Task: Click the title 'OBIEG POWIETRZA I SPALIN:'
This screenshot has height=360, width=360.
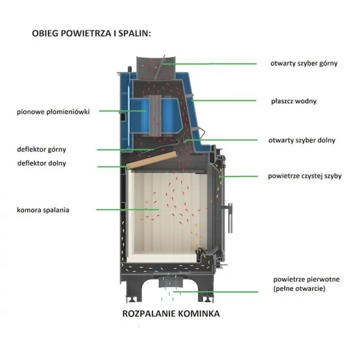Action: [x=91, y=34]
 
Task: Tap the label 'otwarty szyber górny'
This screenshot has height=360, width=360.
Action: [x=304, y=64]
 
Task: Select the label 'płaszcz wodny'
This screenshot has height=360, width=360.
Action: [x=293, y=101]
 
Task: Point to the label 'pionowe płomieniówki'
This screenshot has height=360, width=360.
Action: [x=53, y=112]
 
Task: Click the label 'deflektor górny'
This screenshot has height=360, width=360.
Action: [x=41, y=149]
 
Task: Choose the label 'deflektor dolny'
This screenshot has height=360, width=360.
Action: [x=42, y=163]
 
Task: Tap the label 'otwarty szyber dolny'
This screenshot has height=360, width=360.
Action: [x=302, y=140]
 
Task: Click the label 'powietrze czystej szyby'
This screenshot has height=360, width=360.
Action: [x=305, y=176]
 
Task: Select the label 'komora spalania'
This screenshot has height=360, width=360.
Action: [x=43, y=210]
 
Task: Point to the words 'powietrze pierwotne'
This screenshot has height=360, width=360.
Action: [x=306, y=280]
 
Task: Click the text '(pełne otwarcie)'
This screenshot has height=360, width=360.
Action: [x=299, y=289]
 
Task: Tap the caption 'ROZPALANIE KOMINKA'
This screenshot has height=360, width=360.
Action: [x=171, y=314]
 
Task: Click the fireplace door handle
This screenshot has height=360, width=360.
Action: [x=229, y=218]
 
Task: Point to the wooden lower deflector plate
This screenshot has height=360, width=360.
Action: [x=152, y=160]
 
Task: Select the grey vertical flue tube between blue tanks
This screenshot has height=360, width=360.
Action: [x=155, y=116]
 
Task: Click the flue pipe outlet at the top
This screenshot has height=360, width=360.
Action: [x=156, y=68]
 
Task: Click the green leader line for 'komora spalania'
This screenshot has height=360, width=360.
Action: [x=127, y=209]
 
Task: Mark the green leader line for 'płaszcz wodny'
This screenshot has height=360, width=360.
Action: [x=224, y=101]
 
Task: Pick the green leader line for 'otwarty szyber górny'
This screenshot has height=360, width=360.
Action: [x=209, y=64]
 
